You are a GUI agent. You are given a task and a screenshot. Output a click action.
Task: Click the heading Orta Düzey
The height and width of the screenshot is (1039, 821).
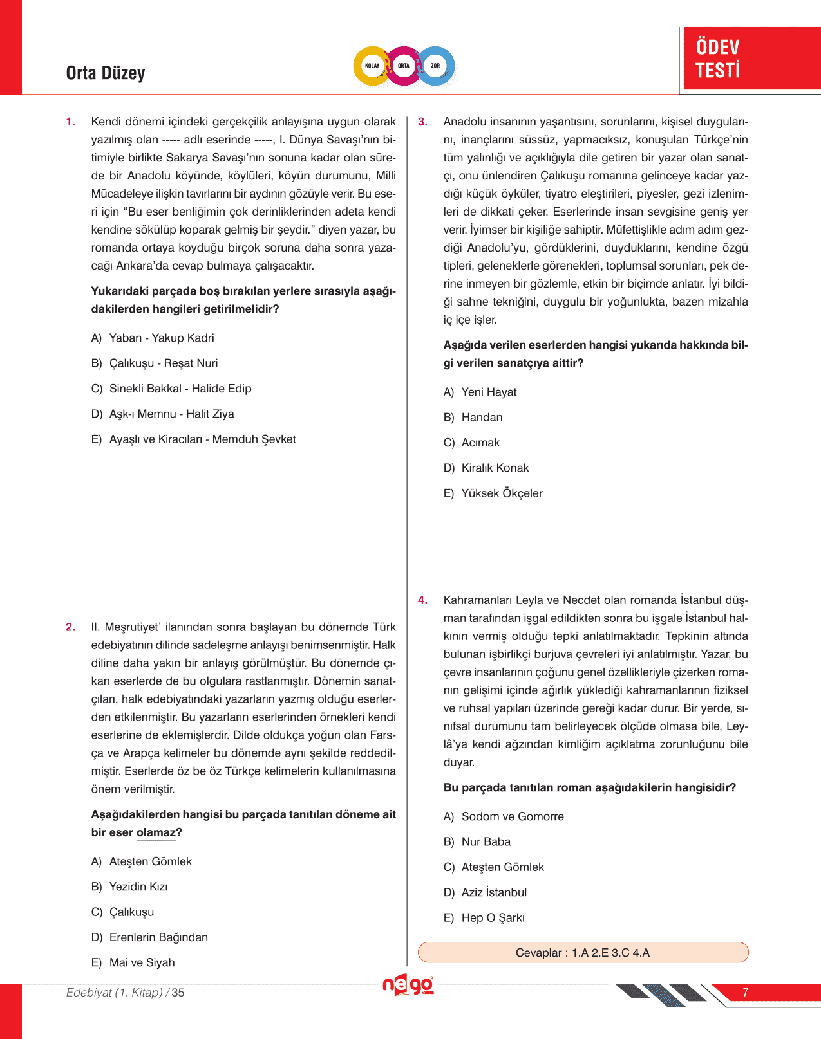coord(106,73)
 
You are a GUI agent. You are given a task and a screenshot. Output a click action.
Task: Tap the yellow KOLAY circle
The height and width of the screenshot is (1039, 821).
coord(372,66)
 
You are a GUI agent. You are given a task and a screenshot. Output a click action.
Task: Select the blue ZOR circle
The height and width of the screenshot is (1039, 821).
coord(436,66)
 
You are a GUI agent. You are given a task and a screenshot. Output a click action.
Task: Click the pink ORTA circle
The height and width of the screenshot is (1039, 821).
coord(404,66)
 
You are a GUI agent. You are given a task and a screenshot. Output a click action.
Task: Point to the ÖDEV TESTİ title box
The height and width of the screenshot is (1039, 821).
coord(751,59)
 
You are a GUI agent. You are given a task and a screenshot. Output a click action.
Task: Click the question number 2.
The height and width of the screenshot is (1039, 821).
coord(70,627)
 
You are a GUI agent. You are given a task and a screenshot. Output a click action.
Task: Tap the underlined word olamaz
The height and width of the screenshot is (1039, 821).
coord(156,833)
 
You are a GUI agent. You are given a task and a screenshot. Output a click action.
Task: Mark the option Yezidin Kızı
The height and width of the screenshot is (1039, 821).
coord(138,887)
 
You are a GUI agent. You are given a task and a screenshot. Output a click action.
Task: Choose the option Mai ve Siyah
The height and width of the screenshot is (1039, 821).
coord(142,963)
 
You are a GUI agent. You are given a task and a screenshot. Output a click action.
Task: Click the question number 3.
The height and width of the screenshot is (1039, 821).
coord(422,122)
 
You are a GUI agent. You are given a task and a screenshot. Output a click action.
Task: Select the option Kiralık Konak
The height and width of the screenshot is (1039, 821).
coord(495,468)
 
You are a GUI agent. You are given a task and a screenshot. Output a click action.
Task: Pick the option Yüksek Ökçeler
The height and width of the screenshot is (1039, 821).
coord(502,493)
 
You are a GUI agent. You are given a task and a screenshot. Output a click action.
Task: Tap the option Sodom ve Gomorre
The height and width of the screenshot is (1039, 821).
coord(512,817)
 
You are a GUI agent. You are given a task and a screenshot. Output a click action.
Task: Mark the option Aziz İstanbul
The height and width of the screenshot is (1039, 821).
coord(493,893)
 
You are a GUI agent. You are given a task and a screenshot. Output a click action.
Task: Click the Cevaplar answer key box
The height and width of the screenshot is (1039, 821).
coord(583,953)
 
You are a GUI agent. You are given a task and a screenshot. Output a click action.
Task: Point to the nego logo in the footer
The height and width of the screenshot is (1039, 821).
coord(408,986)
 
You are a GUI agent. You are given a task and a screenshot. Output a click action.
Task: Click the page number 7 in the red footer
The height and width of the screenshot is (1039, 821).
coord(745,993)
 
